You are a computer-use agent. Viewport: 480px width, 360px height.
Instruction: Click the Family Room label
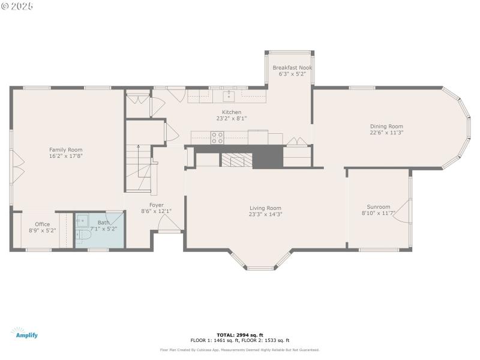[66, 149]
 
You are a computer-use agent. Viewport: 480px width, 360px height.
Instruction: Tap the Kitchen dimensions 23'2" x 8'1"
[232, 119]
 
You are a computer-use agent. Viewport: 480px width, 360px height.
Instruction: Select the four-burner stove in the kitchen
[217, 138]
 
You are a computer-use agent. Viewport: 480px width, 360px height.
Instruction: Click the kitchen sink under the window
[228, 96]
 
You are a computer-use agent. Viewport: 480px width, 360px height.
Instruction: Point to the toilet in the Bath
[83, 238]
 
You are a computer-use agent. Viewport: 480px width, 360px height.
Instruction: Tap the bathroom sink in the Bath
[83, 221]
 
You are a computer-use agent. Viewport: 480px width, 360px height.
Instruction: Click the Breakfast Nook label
[292, 68]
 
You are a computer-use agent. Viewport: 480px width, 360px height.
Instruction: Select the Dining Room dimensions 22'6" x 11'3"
[386, 133]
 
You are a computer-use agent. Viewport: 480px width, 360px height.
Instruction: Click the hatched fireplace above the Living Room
[237, 160]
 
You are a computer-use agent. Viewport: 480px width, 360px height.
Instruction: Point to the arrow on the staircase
[139, 146]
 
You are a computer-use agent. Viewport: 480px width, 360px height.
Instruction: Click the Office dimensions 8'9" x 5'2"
[42, 230]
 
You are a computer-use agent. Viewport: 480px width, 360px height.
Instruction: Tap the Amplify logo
[24, 333]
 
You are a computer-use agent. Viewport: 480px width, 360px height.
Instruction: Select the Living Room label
[265, 208]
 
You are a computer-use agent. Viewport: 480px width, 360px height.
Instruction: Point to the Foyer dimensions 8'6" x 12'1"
[156, 211]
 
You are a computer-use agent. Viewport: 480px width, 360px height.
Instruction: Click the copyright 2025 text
[17, 6]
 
